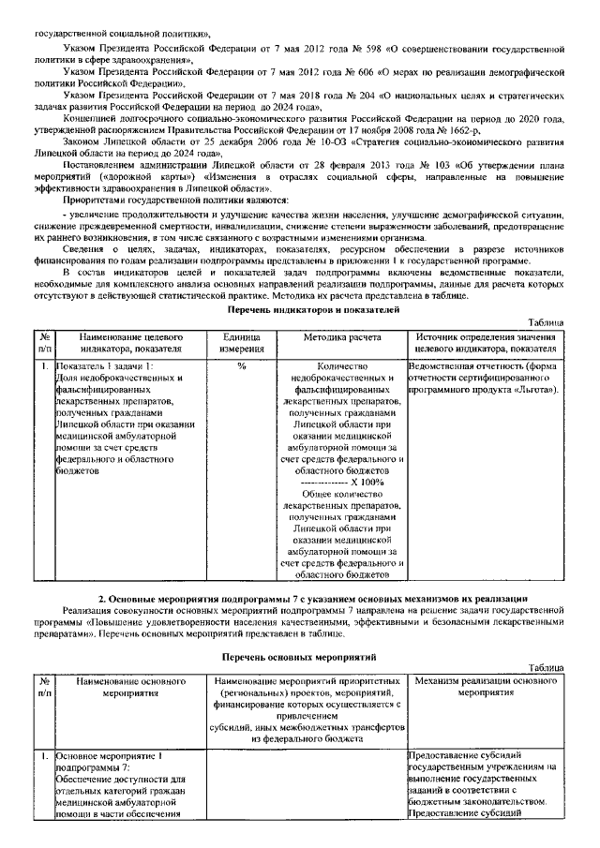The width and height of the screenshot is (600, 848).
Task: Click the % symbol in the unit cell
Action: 241,365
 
